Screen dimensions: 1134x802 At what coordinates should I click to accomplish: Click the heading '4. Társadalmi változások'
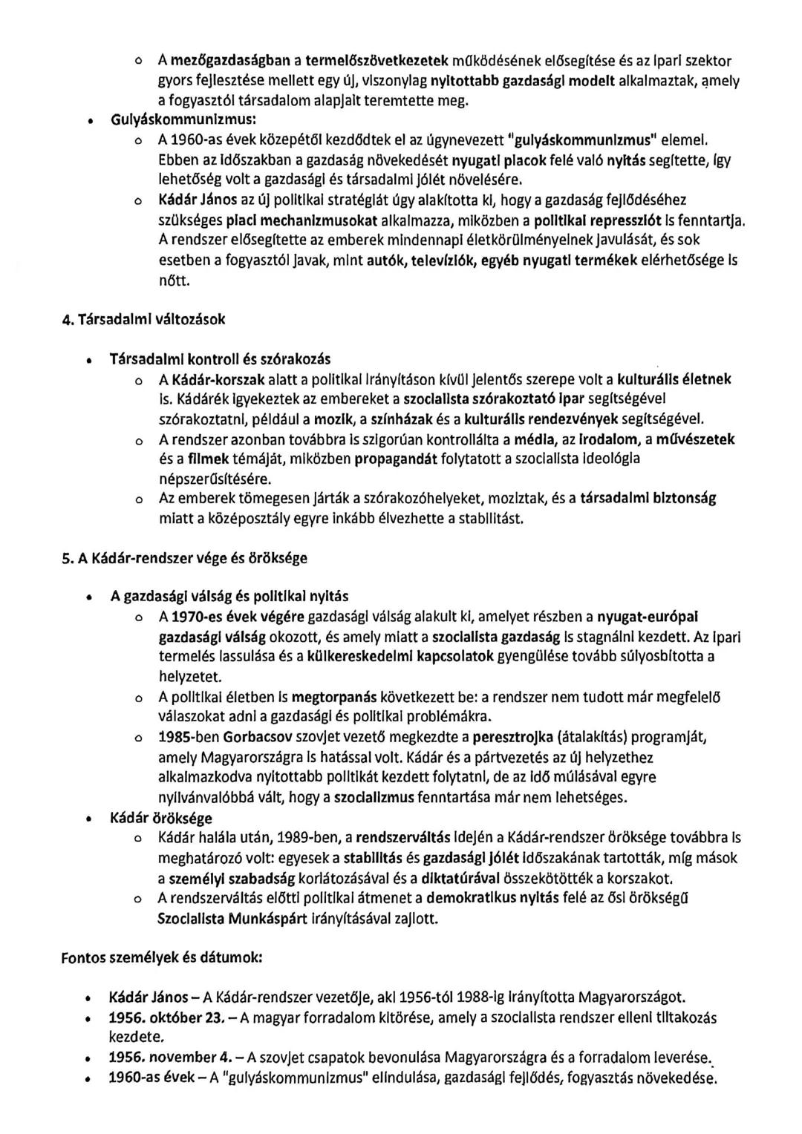tap(143, 319)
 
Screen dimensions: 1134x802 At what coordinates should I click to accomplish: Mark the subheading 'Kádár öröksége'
tap(160, 818)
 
